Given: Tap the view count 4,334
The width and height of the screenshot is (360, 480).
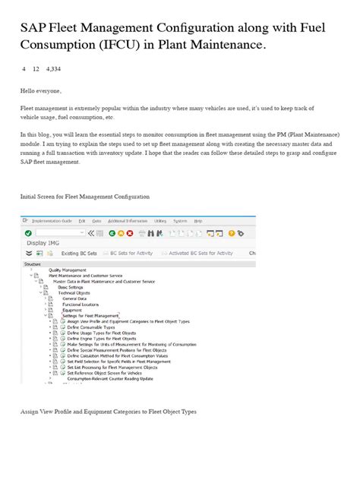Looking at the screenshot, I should pos(53,69).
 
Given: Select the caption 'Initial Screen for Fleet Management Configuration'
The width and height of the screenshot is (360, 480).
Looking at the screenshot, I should pos(84,196).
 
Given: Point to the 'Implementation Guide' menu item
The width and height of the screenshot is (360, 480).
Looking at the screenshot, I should pos(52,220).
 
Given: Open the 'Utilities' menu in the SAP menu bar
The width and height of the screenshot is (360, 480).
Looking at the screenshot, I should pos(160,220).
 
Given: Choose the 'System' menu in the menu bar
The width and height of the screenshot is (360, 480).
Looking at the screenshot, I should pos(180,220).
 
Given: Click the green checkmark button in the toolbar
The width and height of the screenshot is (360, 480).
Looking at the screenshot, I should pos(28,232).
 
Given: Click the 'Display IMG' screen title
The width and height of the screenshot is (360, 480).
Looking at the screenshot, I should pos(43,243).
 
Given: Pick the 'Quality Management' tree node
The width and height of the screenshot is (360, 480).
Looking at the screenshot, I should pos(68,270).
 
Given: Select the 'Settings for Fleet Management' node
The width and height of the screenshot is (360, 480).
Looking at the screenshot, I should pos(90,315).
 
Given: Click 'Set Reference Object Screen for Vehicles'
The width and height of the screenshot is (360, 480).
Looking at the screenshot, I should pos(106,373).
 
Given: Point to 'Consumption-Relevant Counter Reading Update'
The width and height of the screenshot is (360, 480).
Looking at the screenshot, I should pos(109,378).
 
